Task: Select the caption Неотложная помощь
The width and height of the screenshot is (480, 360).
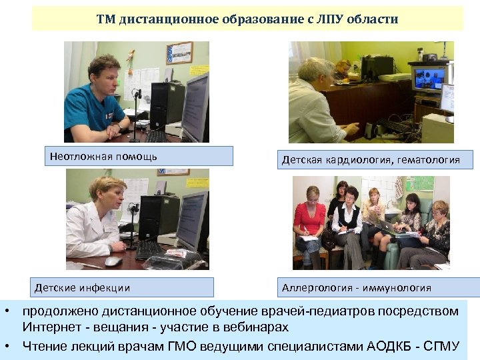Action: click(103, 157)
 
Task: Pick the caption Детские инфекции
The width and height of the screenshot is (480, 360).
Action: click(83, 288)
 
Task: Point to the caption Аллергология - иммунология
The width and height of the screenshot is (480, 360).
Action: click(357, 288)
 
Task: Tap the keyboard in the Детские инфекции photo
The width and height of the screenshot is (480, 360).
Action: click(150, 249)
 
